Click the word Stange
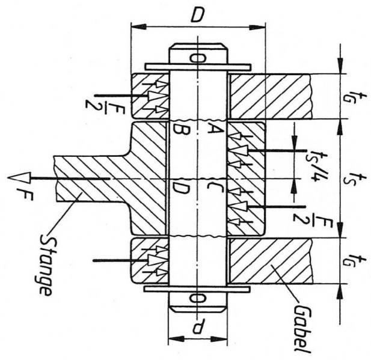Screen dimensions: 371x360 [x=46, y=264]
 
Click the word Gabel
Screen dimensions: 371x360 [x=302, y=329]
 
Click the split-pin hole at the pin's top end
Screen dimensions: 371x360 [x=198, y=58]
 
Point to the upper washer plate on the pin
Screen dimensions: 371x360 [x=198, y=67]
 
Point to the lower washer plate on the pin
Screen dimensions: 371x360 [x=198, y=289]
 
